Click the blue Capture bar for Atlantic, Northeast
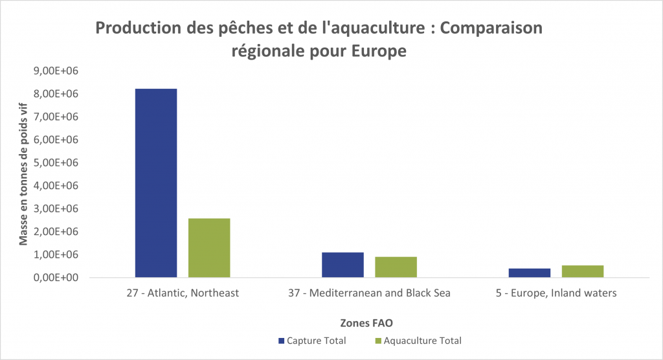(x=155, y=183)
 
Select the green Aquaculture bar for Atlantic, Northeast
(x=209, y=248)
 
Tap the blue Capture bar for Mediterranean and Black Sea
(x=343, y=265)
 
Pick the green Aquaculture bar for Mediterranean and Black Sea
(x=396, y=267)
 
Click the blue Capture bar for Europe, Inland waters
(x=530, y=273)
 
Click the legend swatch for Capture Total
(x=281, y=341)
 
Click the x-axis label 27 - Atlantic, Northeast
(x=183, y=293)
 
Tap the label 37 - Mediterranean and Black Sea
(x=369, y=293)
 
